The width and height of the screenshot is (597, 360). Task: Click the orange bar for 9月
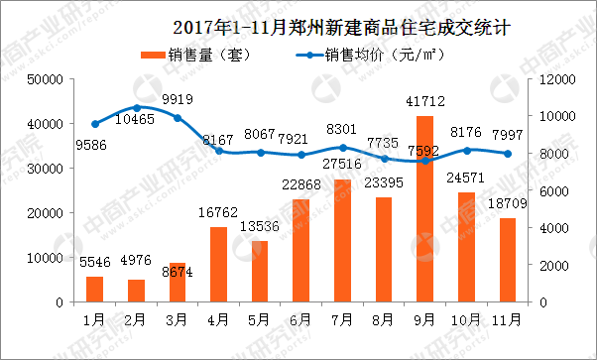[424, 209]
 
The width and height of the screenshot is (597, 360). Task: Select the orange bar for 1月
[94, 290]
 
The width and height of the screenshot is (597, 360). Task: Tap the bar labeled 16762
[218, 265]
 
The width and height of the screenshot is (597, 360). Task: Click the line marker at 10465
[136, 106]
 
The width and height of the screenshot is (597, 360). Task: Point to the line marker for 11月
[507, 154]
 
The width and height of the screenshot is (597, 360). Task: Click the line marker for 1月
[94, 124]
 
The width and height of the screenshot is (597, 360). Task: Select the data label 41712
[424, 102]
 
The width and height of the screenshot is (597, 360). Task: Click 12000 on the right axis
[552, 79]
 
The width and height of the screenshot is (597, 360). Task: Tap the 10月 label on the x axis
[465, 319]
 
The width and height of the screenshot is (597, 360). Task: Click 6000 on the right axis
[548, 190]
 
